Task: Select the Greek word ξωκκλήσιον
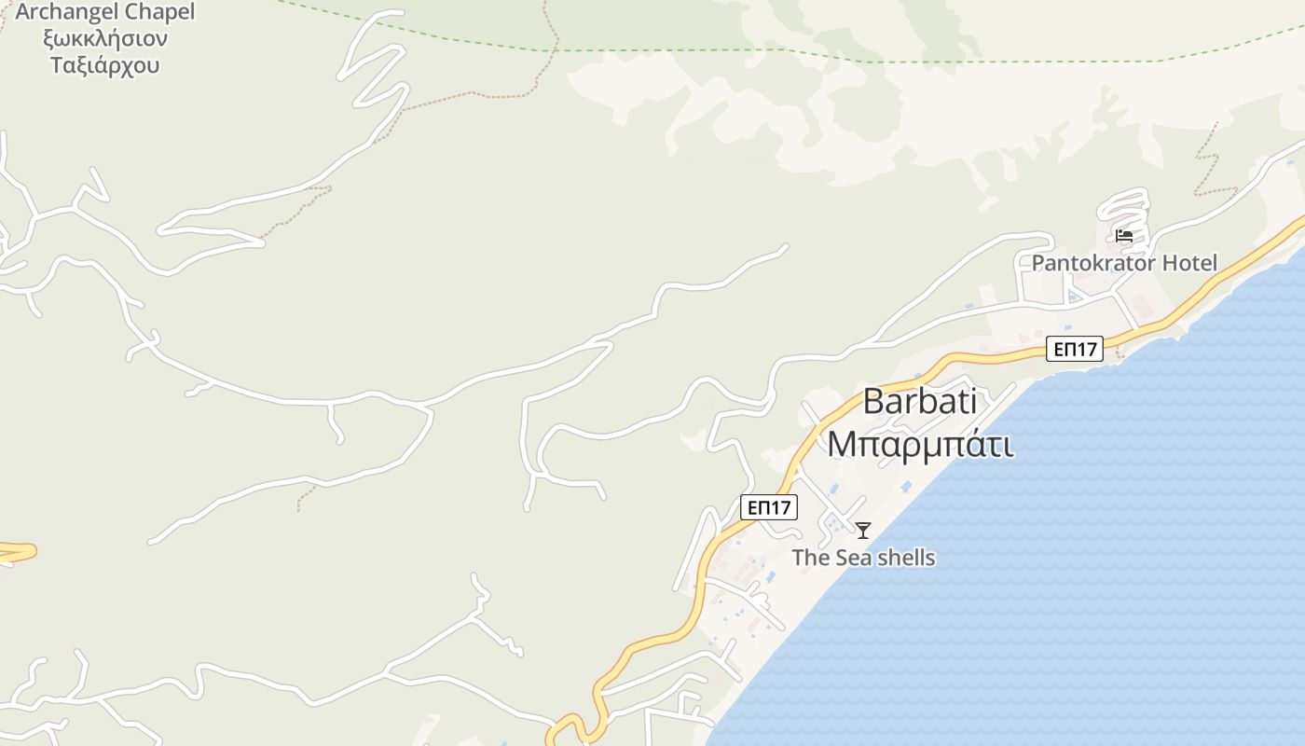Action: click(x=104, y=39)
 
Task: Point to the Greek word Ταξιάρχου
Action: click(x=104, y=65)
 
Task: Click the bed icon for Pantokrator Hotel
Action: click(x=1124, y=236)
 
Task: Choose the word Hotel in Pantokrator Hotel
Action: click(x=1187, y=263)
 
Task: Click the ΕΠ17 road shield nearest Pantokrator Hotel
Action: click(x=1075, y=349)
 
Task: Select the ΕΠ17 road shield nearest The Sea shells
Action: click(x=770, y=507)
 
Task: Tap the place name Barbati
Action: click(x=920, y=401)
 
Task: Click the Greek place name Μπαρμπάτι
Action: click(x=920, y=444)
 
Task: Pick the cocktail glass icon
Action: click(x=863, y=531)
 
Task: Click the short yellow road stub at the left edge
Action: click(x=17, y=552)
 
